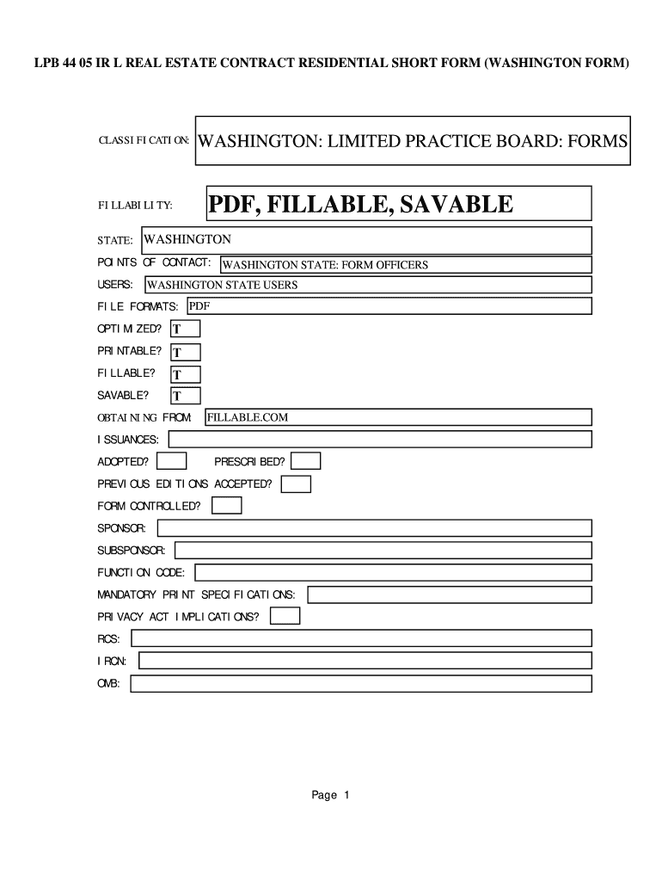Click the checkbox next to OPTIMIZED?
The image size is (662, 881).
(186, 329)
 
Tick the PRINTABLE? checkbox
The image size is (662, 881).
(186, 352)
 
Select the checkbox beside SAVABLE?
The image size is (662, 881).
(186, 396)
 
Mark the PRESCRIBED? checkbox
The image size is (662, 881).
(306, 461)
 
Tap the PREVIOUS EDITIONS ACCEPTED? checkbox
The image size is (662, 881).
(296, 484)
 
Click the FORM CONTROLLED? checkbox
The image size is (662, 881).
(227, 506)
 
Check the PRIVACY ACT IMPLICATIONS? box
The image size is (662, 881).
(285, 616)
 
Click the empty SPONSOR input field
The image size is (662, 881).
(373, 527)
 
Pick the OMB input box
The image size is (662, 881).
(361, 684)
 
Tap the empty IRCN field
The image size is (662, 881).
(365, 661)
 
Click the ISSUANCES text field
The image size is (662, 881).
(379, 440)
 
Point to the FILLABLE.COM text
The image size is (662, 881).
(247, 417)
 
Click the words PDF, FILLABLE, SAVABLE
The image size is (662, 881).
(361, 205)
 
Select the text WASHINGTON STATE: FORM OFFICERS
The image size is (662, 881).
(324, 265)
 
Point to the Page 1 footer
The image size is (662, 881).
(330, 795)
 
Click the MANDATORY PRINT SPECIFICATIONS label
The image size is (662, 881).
(196, 595)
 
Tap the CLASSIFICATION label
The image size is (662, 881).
(144, 140)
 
